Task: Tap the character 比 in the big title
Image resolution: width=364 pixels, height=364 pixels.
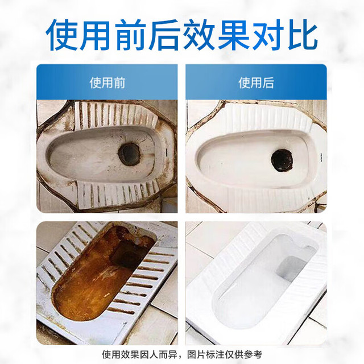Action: (302, 35)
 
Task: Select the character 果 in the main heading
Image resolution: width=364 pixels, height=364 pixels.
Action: (234, 35)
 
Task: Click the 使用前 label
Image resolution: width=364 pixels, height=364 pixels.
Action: (107, 83)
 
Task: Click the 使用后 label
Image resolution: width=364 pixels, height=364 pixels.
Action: (257, 83)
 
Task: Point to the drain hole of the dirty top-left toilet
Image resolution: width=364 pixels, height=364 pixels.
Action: (130, 154)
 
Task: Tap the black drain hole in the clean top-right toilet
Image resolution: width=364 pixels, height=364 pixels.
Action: (282, 160)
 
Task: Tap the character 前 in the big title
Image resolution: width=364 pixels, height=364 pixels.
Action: (131, 35)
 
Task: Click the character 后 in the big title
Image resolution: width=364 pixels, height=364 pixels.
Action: (165, 35)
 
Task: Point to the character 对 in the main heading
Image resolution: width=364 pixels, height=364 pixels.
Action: (268, 35)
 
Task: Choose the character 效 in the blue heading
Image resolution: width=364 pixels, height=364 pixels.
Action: (200, 35)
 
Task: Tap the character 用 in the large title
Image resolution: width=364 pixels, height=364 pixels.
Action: (96, 35)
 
